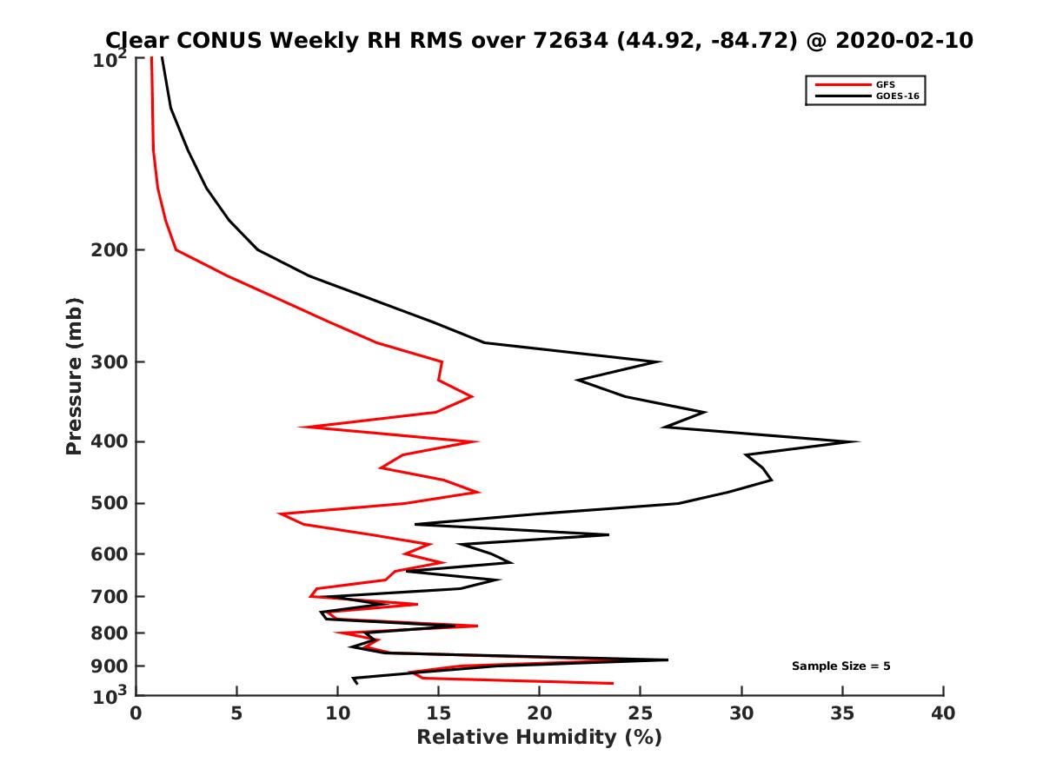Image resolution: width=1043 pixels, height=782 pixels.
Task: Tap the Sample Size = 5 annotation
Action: click(x=840, y=666)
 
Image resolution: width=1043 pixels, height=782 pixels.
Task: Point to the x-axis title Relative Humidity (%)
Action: click(x=539, y=738)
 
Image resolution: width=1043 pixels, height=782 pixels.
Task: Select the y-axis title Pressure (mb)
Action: click(x=74, y=375)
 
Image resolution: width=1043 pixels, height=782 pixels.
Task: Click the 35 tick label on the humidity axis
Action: click(x=842, y=713)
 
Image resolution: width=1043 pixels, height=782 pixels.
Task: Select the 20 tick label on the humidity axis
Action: click(x=539, y=713)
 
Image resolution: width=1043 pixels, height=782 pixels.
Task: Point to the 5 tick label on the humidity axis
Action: click(x=236, y=713)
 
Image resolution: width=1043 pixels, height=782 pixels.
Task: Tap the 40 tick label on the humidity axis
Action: click(x=943, y=713)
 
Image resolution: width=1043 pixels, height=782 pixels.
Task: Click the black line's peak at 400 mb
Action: click(x=859, y=441)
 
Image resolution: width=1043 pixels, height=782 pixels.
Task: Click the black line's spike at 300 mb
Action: click(x=661, y=361)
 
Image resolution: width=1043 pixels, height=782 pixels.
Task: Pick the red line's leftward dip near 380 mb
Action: click(x=300, y=427)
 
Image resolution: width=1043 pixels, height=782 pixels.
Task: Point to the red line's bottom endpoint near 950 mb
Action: click(x=613, y=683)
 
